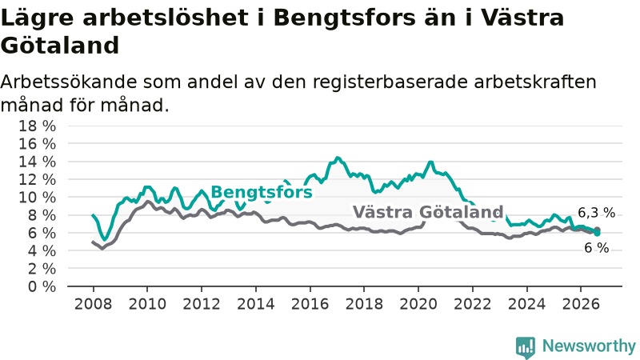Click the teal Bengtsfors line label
click(x=262, y=192)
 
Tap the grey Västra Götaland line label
click(x=428, y=212)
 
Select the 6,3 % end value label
click(x=596, y=213)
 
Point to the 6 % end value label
click(x=597, y=248)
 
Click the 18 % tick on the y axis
click(x=37, y=126)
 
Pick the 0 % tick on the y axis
click(x=42, y=286)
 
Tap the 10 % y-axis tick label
click(x=37, y=197)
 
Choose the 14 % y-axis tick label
click(x=37, y=162)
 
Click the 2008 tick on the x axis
click(x=93, y=304)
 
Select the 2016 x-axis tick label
click(x=310, y=304)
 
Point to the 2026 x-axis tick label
click(x=581, y=304)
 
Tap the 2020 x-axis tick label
click(x=418, y=304)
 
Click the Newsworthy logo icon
click(x=526, y=346)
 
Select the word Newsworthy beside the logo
click(x=589, y=346)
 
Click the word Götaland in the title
click(x=60, y=46)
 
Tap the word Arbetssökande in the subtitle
click(x=69, y=82)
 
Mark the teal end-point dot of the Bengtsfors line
click(x=597, y=233)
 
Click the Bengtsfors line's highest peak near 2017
click(x=337, y=158)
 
